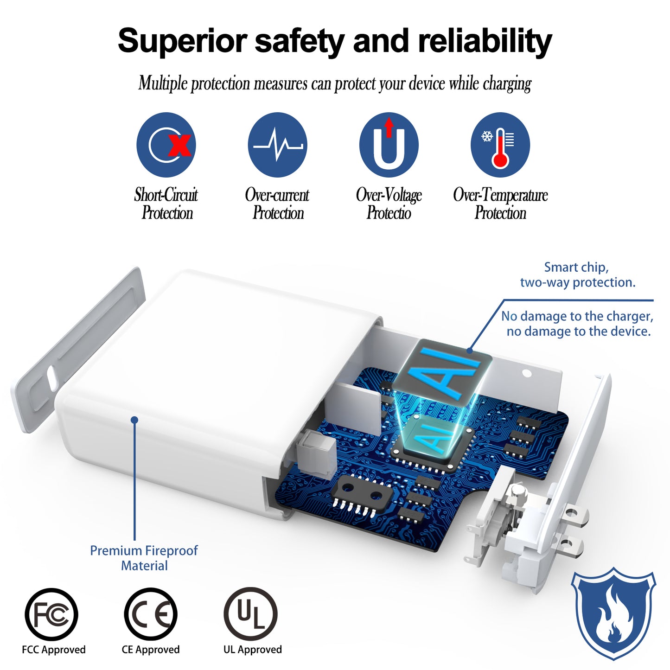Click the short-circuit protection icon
166,145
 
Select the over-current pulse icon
277,145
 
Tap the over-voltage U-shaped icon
389,145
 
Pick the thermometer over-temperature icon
500,145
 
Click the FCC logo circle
51,614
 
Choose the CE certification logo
151,614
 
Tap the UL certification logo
250,614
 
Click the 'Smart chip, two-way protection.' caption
578,274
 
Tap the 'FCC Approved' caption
53,650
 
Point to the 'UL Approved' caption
252,650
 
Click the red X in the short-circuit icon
179,145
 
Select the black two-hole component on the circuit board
362,490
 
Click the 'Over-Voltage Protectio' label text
389,204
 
